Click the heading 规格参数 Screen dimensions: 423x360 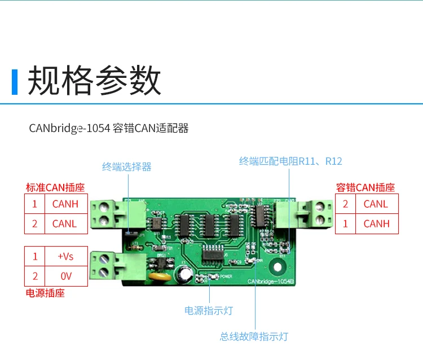coord(94,81)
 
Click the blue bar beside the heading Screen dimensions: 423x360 coord(15,81)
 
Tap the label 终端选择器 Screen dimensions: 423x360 coord(126,166)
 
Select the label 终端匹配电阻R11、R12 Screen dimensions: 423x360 coord(290,161)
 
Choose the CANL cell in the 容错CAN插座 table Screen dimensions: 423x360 coord(376,204)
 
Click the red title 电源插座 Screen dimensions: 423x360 coord(45,293)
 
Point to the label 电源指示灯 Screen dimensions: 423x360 coord(208,310)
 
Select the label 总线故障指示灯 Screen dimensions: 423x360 coord(254,336)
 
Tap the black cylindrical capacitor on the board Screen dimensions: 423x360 coord(186,274)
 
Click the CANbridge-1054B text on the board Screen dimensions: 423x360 coord(270,280)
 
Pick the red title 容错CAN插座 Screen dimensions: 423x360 coord(365,187)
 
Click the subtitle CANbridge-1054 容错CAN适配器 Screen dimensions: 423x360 coord(109,128)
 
